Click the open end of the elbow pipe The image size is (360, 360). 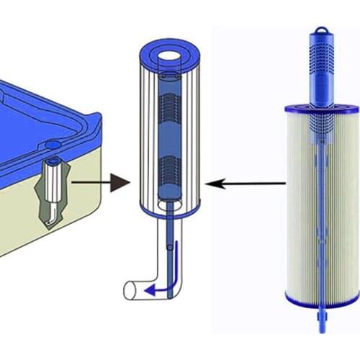coord(129,290)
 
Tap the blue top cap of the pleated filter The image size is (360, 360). coord(319,109)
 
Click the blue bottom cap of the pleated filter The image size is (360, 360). coord(319,297)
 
